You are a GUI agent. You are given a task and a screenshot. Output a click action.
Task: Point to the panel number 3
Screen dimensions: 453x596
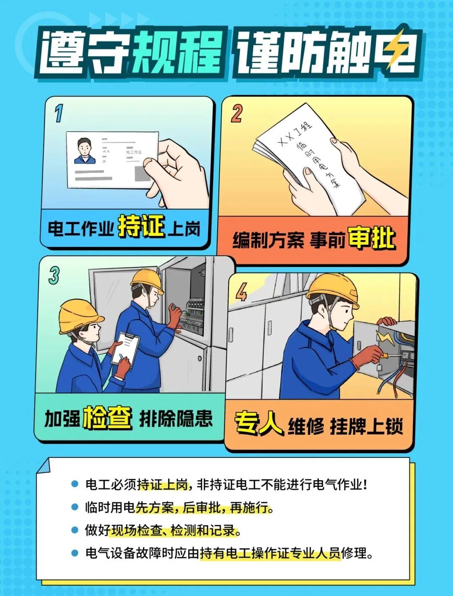point(54,275)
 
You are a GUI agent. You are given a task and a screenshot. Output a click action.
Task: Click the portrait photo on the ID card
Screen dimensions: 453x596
point(85,151)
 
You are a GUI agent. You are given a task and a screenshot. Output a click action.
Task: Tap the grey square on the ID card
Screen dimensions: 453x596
point(142,173)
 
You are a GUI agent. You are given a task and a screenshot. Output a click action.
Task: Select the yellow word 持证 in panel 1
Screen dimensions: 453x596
point(141,227)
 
